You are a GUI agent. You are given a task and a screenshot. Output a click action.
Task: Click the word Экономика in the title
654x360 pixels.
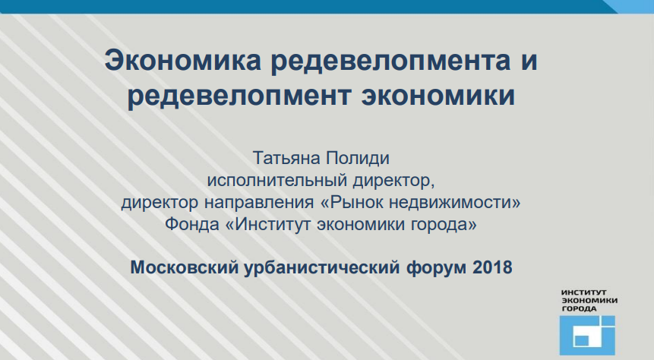tap(183, 60)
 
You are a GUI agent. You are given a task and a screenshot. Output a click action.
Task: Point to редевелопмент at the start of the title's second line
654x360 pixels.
tap(239, 96)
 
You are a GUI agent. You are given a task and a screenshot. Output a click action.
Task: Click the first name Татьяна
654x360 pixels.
tap(286, 158)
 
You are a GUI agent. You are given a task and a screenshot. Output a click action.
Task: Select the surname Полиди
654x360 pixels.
tap(358, 158)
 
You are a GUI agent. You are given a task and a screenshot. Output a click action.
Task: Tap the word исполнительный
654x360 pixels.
tap(277, 180)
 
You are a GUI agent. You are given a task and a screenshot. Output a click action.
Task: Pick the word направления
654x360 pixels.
tap(258, 202)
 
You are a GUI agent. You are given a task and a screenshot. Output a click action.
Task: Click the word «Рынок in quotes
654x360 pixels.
tap(352, 202)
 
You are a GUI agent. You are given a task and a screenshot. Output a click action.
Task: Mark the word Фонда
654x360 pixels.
tap(192, 224)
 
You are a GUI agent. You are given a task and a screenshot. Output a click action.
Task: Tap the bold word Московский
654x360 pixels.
tap(185, 267)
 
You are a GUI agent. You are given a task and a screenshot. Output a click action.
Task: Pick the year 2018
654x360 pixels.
tap(492, 267)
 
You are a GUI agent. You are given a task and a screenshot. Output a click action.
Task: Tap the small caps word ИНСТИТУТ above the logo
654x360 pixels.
tap(584, 292)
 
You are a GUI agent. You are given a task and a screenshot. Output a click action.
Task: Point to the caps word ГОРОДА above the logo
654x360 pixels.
tap(579, 308)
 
